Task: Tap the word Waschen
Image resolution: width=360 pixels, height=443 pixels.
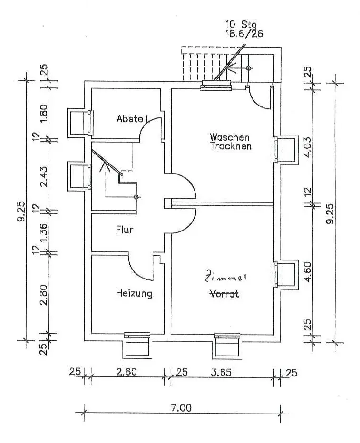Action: pos(230,137)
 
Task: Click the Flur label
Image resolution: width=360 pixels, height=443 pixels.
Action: pos(125,230)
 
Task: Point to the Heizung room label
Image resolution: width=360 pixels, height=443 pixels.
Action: pos(134,293)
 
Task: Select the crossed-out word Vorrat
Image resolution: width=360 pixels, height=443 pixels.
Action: pos(224,294)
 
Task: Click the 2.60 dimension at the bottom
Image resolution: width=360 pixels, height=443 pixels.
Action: pos(126,372)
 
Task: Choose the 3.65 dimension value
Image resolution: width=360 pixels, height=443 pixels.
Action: pos(221,372)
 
